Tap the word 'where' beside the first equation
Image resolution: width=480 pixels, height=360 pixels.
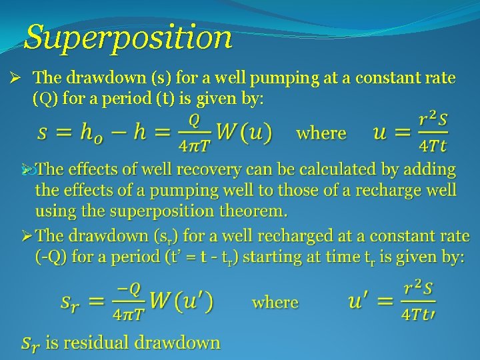pos(321,133)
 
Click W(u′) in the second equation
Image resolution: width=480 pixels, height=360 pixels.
pos(181,302)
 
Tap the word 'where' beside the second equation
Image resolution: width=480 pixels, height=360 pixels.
pos(275,302)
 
